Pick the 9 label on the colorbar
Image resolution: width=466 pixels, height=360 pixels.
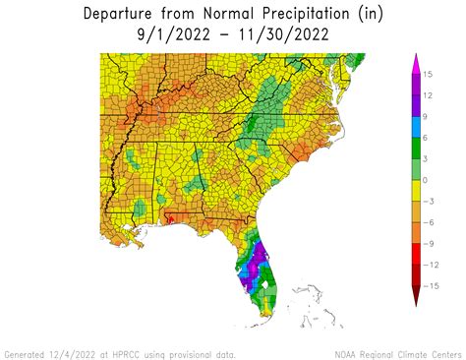430,115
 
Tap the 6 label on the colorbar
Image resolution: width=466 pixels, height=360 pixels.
430,137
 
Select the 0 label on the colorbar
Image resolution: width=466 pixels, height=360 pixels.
430,180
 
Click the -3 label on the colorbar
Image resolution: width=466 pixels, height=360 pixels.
432,203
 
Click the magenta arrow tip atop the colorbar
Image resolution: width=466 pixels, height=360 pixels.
416,61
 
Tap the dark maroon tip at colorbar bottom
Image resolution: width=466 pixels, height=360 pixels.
416,299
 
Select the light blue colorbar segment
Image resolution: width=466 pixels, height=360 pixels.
416,126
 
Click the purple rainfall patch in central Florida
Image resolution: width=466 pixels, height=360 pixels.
259,264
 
